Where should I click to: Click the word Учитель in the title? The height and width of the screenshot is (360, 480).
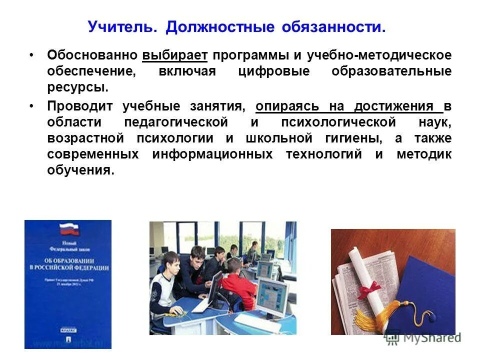[x=120, y=27]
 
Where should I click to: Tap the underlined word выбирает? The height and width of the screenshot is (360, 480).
[x=174, y=55]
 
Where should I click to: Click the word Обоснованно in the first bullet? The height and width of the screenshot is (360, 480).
[x=92, y=55]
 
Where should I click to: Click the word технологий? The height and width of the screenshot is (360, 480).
[x=324, y=154]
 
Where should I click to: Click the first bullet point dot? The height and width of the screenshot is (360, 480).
[x=32, y=54]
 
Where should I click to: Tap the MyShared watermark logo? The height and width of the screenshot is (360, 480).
[x=423, y=337]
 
